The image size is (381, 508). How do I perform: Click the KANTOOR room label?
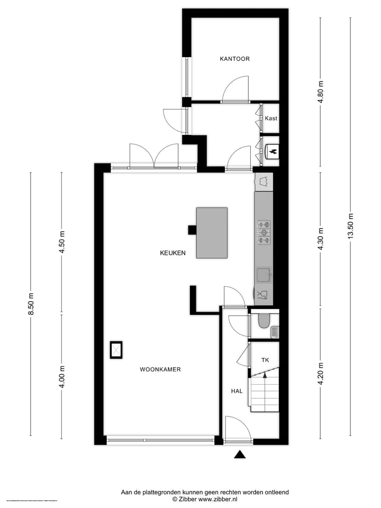point(234,59)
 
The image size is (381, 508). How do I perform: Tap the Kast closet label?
point(271,119)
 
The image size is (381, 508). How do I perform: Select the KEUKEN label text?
point(173,253)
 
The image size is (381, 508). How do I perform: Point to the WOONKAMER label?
point(160,369)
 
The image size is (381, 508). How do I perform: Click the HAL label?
point(237,391)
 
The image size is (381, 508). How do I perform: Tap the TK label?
point(265,360)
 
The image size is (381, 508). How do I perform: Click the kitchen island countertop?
point(212,233)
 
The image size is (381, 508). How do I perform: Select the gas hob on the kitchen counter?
point(264,232)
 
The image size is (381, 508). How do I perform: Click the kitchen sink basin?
point(263,274)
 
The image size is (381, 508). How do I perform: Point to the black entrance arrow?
point(240,454)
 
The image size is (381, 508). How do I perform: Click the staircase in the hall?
point(264,392)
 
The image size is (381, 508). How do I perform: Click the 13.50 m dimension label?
point(350,226)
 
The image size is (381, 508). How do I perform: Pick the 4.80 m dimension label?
point(320,92)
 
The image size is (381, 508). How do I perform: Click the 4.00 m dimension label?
point(62,377)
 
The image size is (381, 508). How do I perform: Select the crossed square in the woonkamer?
point(115,350)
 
